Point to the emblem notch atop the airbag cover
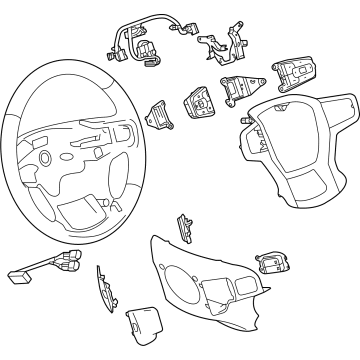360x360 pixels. click(291, 109)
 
